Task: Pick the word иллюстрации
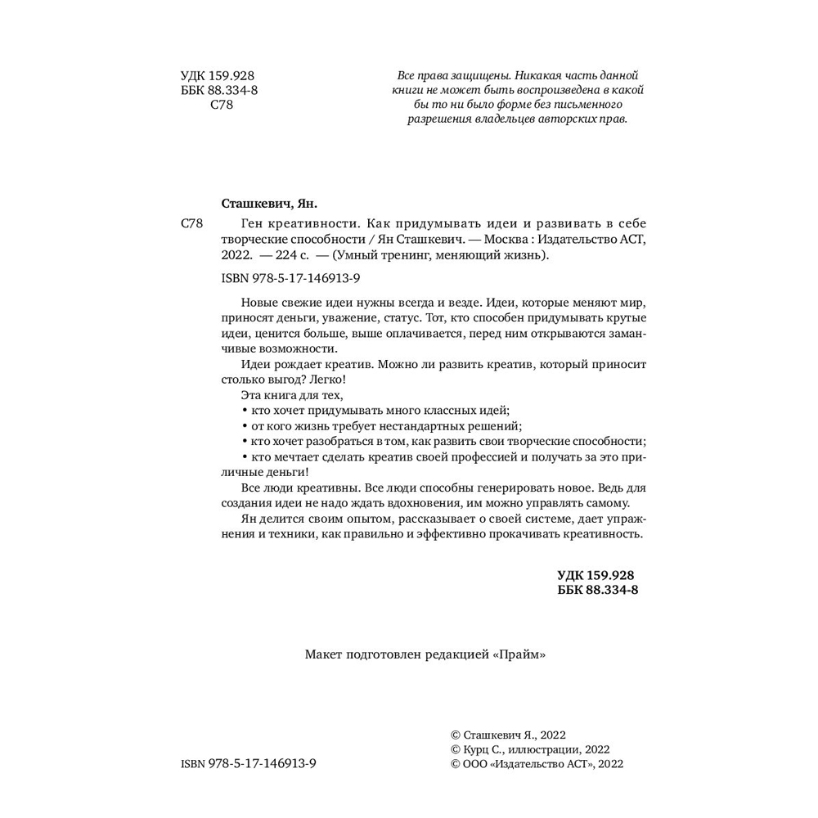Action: coord(544,748)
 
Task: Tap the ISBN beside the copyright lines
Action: coord(248,763)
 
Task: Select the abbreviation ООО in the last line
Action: coord(477,763)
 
